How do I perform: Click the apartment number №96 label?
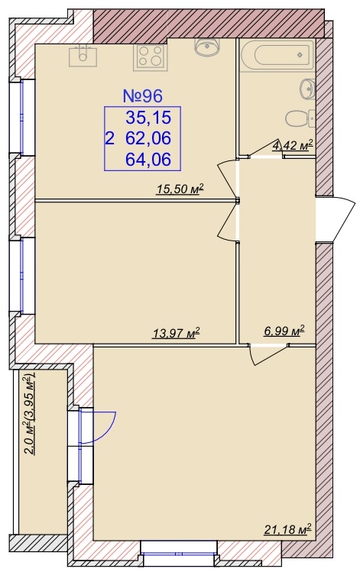pyautogui.click(x=142, y=96)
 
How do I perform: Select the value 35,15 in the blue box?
pyautogui.click(x=148, y=118)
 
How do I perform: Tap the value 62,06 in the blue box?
pyautogui.click(x=148, y=139)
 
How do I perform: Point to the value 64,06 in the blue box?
pyautogui.click(x=148, y=160)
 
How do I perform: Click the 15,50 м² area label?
pyautogui.click(x=180, y=189)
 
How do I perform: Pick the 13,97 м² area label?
pyautogui.click(x=177, y=333)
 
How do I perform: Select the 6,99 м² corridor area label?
pyautogui.click(x=284, y=331)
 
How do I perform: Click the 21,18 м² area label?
pyautogui.click(x=287, y=528)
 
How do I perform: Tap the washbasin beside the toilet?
pyautogui.click(x=307, y=88)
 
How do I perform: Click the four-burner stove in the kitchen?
pyautogui.click(x=150, y=57)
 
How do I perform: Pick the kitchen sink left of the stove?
pyautogui.click(x=83, y=56)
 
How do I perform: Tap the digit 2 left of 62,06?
pyautogui.click(x=109, y=139)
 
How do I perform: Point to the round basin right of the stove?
pyautogui.click(x=207, y=47)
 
